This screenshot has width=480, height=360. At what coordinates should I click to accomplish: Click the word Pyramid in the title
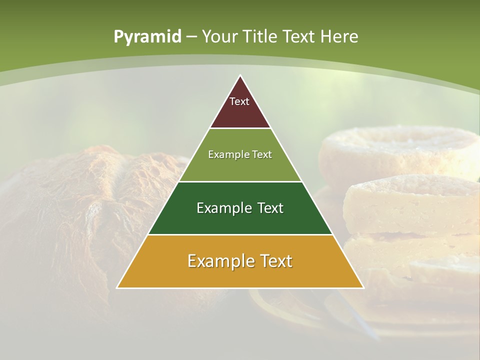[x=147, y=36]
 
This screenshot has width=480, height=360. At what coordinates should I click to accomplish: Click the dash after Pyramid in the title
[x=191, y=37]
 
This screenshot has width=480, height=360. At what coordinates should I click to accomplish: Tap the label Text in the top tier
[x=239, y=101]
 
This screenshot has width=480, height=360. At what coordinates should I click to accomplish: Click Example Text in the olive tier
[x=240, y=154]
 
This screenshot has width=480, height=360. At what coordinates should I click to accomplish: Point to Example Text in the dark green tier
[x=240, y=208]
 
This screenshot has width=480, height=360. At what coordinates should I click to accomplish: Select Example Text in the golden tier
[x=240, y=261]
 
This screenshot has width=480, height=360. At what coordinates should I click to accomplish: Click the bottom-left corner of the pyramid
[x=117, y=287]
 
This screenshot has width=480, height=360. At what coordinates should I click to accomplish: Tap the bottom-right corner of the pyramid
[x=363, y=287]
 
